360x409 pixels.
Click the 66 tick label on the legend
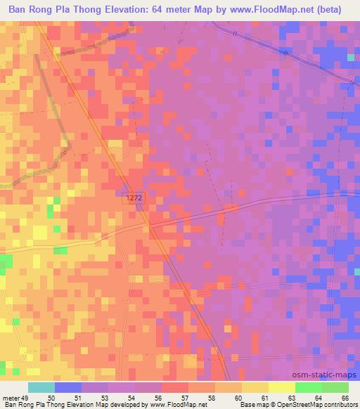345,398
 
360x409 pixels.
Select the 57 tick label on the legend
184,398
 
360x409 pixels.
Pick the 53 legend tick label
104,398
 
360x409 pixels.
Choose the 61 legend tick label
264,398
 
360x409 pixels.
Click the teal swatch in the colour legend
41,387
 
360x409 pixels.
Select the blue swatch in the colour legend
68,387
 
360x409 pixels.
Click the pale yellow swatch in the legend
281,387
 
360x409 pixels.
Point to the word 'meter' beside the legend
9,398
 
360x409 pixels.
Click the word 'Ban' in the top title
18,11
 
